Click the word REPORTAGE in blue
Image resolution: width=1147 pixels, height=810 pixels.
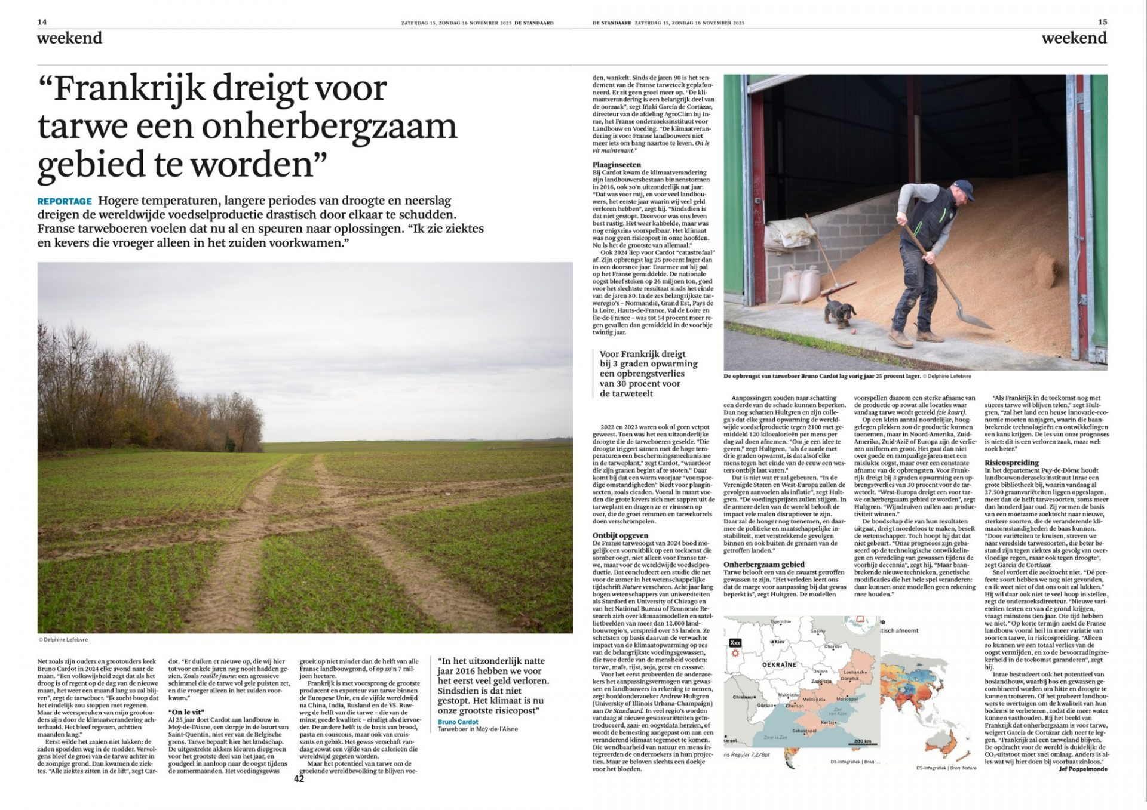pos(65,201)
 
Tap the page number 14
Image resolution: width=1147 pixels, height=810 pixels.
pos(42,22)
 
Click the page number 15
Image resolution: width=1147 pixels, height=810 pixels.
pos(1102,22)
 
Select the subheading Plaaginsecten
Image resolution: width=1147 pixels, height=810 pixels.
pos(617,164)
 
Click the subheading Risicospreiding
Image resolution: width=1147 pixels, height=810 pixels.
pos(1011,463)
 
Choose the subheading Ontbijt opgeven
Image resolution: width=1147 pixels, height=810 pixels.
pos(620,535)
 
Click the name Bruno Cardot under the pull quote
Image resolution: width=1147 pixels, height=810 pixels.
pos(458,722)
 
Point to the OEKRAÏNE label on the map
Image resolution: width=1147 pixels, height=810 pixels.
pos(780,664)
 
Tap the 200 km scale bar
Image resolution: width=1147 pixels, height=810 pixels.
pos(862,741)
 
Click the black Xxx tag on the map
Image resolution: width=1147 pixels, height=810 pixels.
pos(735,643)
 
